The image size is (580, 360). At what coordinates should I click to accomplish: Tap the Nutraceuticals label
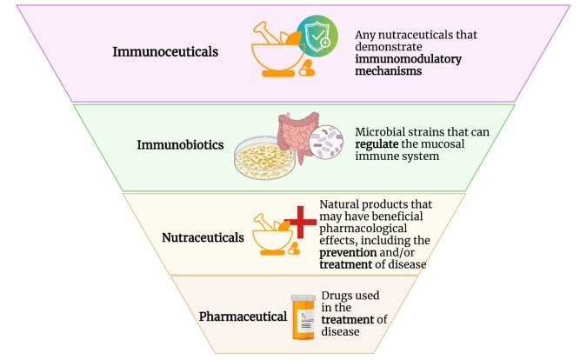[x=202, y=236]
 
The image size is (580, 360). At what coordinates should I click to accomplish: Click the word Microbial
[x=377, y=130]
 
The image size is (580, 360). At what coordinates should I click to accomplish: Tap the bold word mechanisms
[x=394, y=74]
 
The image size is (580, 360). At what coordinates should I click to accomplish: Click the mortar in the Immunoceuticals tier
[x=276, y=57]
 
